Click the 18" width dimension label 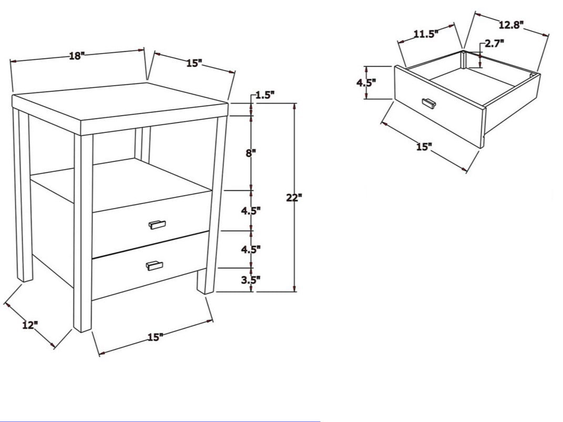[x=76, y=56]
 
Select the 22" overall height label [x=294, y=198]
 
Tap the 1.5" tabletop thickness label [x=265, y=95]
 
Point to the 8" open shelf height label [x=251, y=153]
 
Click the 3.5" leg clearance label [x=251, y=280]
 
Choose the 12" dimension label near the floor [x=30, y=325]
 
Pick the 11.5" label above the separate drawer [x=426, y=35]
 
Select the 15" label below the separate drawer [x=424, y=147]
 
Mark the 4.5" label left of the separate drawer [x=366, y=83]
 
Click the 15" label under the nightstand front [x=156, y=337]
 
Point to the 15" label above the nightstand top [x=195, y=63]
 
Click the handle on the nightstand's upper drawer [x=157, y=224]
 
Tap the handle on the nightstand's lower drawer [x=155, y=265]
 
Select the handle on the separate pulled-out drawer [x=429, y=103]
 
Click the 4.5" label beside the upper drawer [x=251, y=211]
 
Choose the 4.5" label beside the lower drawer [x=251, y=250]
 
